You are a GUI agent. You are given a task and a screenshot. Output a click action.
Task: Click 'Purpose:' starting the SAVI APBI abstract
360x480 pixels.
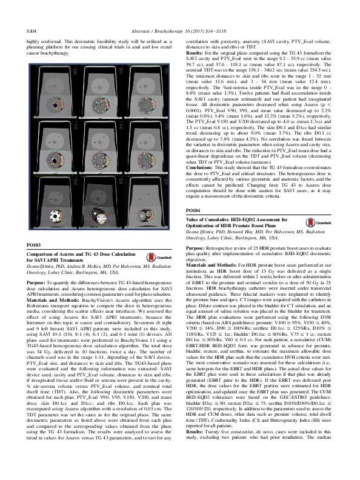pyautogui.click(x=38, y=299)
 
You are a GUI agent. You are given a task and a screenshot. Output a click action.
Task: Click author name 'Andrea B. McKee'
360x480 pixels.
pyautogui.click(x=85, y=285)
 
